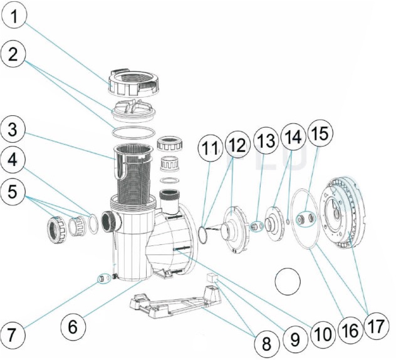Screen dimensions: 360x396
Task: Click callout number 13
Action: [265, 141]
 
